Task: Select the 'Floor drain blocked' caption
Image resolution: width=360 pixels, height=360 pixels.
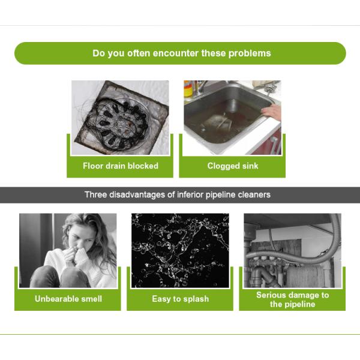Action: [x=121, y=166]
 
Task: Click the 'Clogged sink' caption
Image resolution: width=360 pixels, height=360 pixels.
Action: [x=233, y=166]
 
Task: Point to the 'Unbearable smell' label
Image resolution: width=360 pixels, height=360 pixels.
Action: [x=68, y=299]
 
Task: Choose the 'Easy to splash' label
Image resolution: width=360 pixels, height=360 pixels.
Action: [x=181, y=299]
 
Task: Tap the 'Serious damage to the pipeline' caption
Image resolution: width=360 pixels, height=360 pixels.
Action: [x=293, y=299]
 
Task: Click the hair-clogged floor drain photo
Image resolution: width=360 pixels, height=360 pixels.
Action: [x=121, y=118]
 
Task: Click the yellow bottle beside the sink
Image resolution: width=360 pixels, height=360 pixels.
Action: [x=188, y=89]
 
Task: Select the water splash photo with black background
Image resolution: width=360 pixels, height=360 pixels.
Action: [x=180, y=250]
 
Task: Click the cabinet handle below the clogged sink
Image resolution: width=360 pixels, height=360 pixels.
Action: [x=275, y=144]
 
